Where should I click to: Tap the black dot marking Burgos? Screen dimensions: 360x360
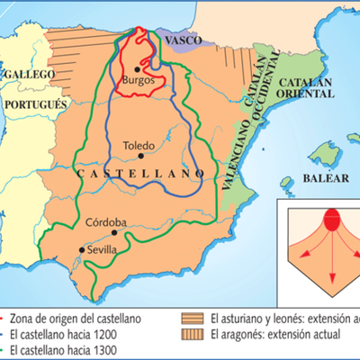(138, 67)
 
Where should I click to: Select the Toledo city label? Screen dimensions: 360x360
(139, 144)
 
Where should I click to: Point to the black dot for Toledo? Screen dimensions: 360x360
(130, 153)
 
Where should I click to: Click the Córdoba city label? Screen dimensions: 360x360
(106, 222)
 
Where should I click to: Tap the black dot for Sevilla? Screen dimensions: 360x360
(83, 250)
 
